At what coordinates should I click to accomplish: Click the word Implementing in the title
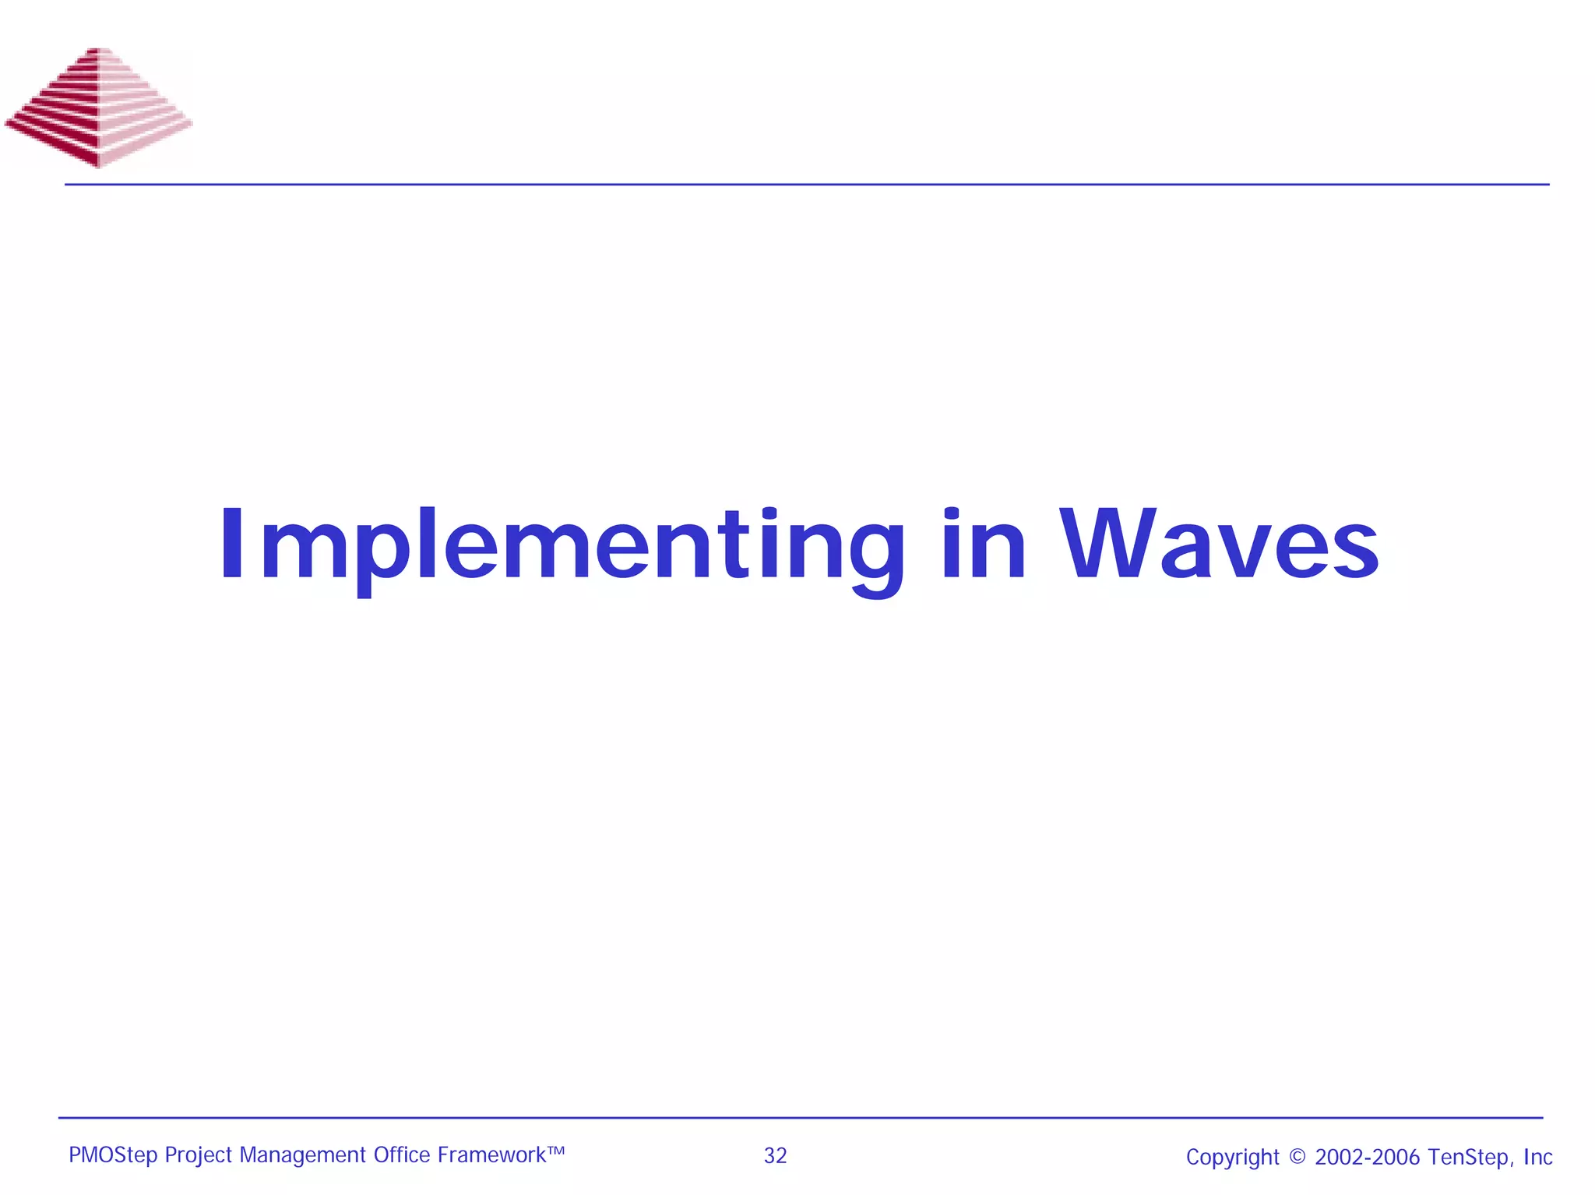click(561, 545)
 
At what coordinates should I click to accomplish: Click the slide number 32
click(775, 1155)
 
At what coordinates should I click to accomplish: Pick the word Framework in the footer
click(491, 1155)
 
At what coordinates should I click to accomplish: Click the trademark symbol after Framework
click(555, 1150)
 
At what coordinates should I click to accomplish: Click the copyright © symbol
click(1297, 1157)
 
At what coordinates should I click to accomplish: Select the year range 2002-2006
click(1367, 1157)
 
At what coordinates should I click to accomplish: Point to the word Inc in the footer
click(1537, 1157)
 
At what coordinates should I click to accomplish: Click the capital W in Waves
click(1106, 544)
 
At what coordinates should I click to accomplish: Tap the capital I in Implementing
click(232, 544)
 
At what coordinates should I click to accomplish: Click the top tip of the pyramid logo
click(100, 51)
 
